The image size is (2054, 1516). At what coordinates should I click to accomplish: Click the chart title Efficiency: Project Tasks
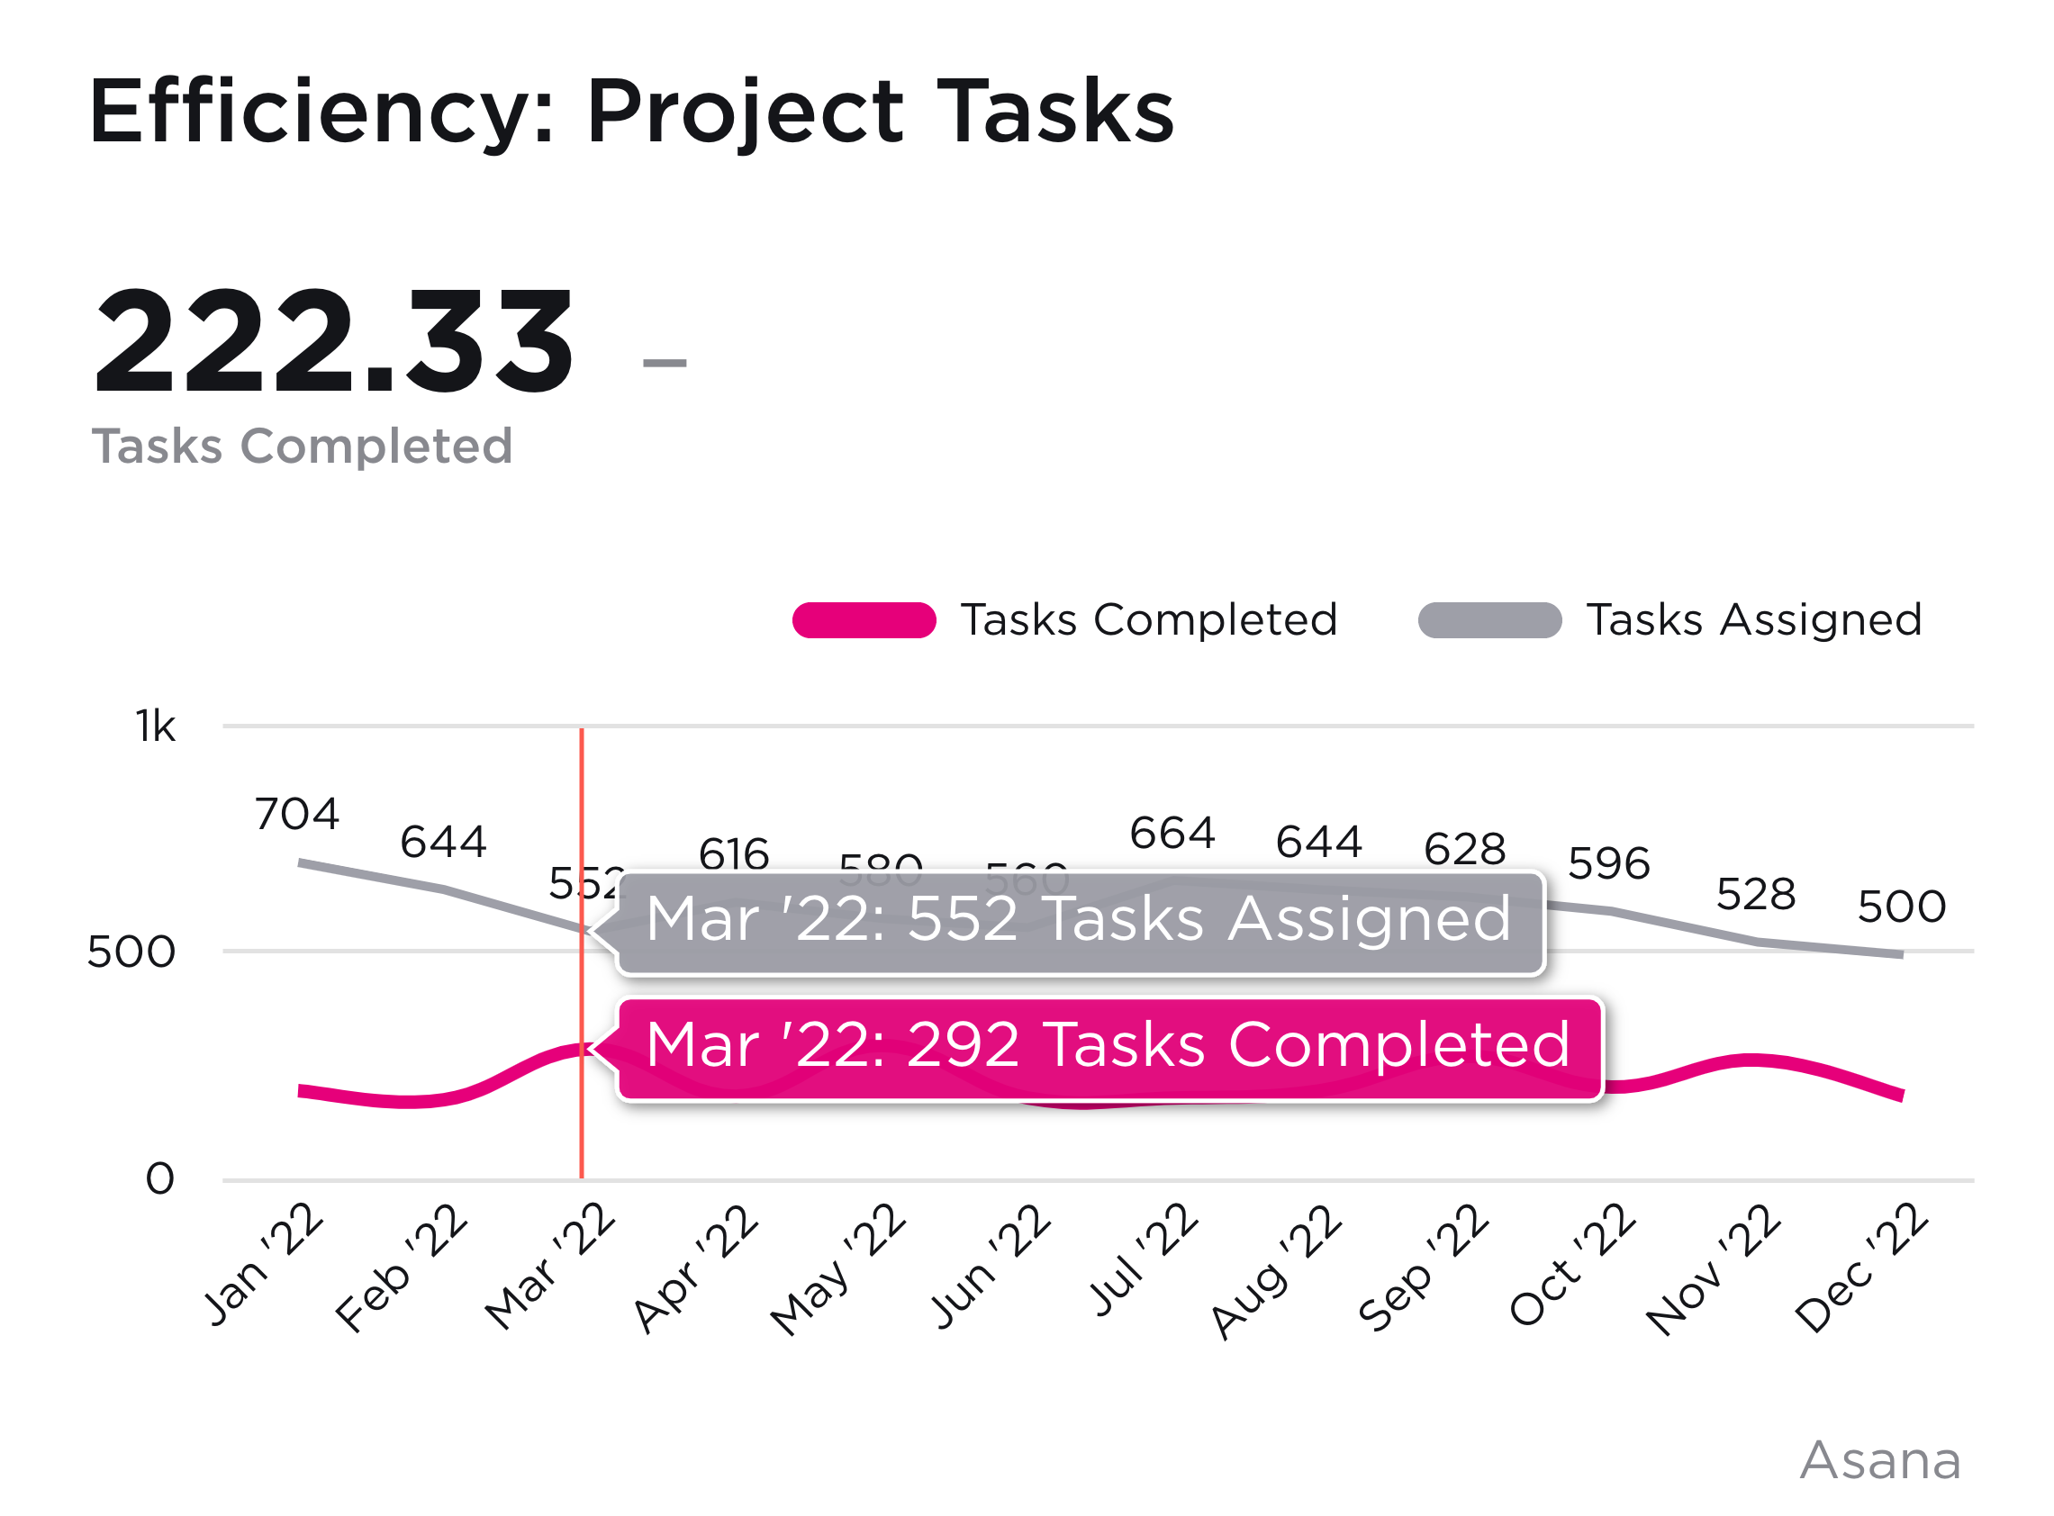(631, 112)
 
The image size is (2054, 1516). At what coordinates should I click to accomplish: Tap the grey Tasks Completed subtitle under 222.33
(302, 447)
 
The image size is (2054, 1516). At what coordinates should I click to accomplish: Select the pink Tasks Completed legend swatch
(864, 620)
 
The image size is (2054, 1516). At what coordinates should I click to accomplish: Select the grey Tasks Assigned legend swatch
(1489, 620)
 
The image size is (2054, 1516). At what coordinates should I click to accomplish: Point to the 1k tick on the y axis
(156, 726)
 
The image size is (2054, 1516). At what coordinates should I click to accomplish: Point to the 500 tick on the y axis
(131, 952)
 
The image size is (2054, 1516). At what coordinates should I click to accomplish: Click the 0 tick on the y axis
(159, 1179)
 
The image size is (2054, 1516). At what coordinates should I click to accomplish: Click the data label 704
(297, 815)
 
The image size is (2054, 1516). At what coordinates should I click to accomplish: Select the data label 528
(1756, 895)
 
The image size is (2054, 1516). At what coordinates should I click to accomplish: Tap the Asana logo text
(1879, 1461)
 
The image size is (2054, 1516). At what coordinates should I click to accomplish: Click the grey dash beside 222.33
(665, 364)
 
